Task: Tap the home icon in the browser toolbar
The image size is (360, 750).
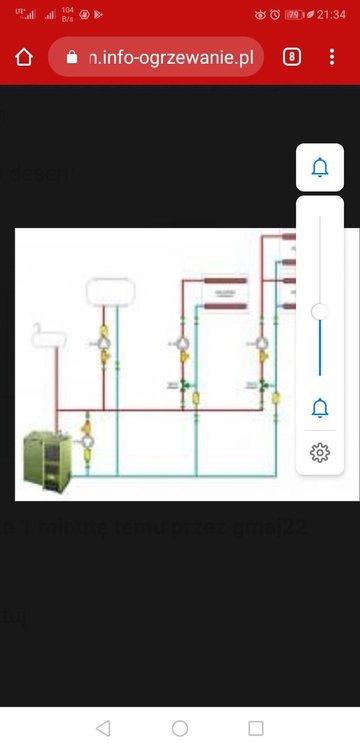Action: [x=24, y=57]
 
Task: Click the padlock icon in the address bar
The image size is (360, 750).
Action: [x=70, y=57]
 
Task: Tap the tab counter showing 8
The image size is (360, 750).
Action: [x=292, y=57]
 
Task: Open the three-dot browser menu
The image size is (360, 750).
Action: [x=332, y=57]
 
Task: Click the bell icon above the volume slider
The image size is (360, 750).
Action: [x=320, y=168]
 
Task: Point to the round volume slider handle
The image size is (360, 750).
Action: [x=320, y=312]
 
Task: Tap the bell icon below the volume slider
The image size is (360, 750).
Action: [x=320, y=407]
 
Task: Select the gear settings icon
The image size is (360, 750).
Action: [x=320, y=452]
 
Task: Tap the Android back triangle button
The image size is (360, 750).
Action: [x=102, y=728]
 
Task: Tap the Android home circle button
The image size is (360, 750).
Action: [x=180, y=728]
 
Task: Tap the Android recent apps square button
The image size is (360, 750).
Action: [x=256, y=728]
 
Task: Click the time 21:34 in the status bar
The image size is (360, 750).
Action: [x=332, y=15]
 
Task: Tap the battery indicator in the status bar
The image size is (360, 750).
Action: [x=294, y=15]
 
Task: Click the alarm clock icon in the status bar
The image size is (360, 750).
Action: [x=274, y=15]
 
